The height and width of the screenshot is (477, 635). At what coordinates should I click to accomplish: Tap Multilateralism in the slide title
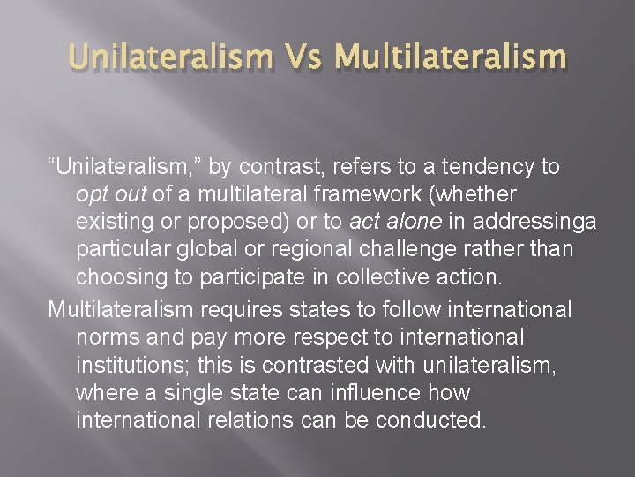click(x=450, y=57)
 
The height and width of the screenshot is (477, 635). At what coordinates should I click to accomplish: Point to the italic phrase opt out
click(x=112, y=193)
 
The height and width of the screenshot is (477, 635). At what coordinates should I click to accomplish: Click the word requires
click(x=243, y=310)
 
